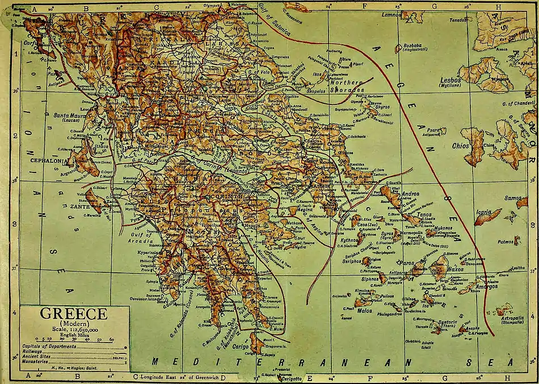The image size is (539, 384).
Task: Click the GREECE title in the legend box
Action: [72, 314]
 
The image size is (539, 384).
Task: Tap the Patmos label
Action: [504, 242]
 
